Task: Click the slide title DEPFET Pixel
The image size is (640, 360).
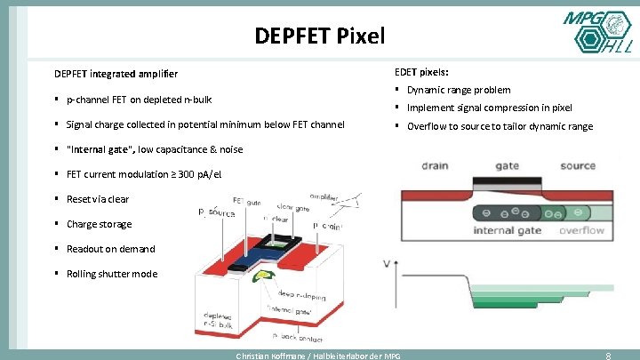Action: click(x=319, y=36)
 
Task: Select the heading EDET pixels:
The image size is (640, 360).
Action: click(x=421, y=71)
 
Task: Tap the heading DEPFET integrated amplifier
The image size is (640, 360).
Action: click(x=116, y=73)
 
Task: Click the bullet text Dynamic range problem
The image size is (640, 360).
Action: click(x=459, y=90)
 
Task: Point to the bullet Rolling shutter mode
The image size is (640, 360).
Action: click(x=112, y=274)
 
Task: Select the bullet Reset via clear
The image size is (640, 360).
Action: click(x=98, y=199)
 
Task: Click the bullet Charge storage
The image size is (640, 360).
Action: click(x=99, y=224)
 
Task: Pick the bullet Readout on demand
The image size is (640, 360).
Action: click(x=111, y=249)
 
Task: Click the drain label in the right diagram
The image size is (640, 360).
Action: click(x=435, y=165)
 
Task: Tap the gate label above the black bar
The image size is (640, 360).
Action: click(x=507, y=165)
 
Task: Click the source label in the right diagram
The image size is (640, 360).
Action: click(x=578, y=165)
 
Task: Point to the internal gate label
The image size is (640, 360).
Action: click(x=507, y=231)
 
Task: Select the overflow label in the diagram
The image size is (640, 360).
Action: click(x=581, y=231)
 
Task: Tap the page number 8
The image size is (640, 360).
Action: click(x=608, y=355)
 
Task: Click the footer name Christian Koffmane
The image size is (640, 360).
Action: click(x=266, y=356)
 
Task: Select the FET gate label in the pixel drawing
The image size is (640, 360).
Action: click(x=246, y=200)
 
